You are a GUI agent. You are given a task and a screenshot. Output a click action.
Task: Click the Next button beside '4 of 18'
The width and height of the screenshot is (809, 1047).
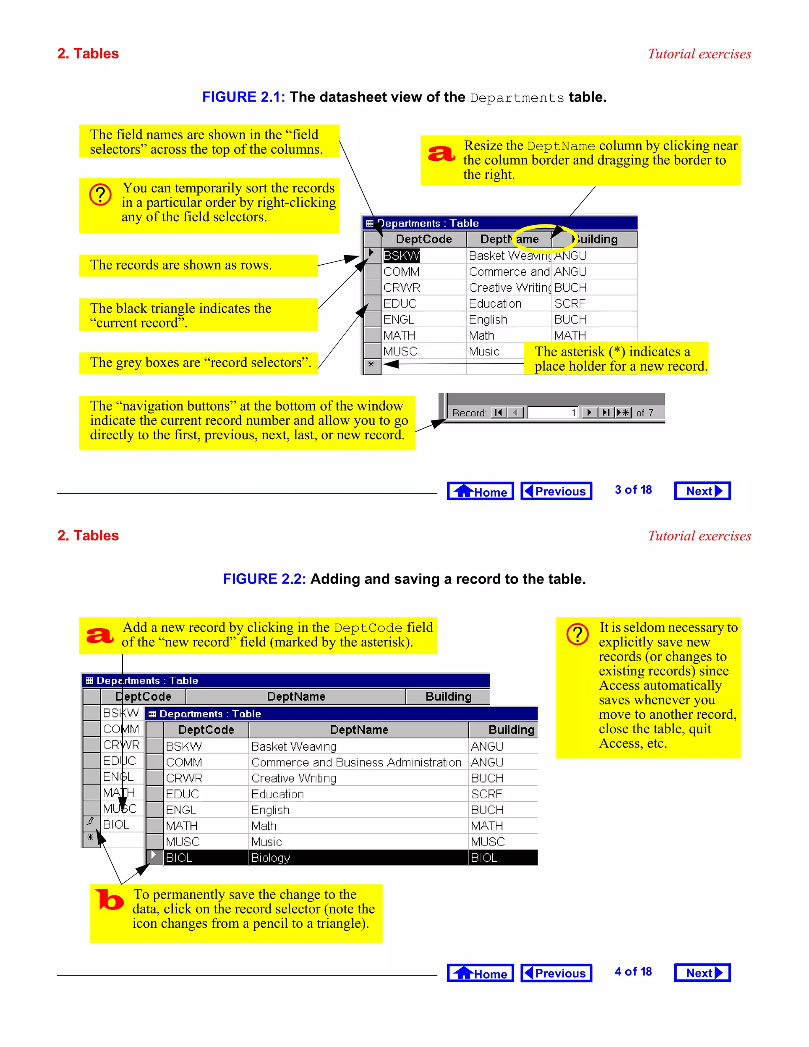point(702,973)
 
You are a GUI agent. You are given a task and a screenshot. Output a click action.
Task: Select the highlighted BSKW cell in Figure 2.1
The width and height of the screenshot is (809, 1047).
point(401,256)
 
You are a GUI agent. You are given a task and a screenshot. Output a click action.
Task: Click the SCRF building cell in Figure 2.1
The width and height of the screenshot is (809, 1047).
point(570,303)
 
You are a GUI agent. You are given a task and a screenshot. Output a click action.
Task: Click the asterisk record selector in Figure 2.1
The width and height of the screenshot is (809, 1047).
point(371,365)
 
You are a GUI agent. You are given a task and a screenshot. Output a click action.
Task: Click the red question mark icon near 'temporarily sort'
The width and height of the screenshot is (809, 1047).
point(101,195)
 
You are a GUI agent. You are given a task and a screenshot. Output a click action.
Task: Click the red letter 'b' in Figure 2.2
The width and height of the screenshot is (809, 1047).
point(110,899)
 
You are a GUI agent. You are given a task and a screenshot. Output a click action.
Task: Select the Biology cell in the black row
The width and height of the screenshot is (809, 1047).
point(271,858)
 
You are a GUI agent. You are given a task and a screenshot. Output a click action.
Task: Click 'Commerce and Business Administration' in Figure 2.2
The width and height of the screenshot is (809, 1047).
point(356,762)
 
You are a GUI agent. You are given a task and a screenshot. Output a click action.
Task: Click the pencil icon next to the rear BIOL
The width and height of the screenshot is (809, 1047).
point(90,822)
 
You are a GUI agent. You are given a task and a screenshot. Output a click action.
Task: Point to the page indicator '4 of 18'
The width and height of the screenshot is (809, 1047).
point(633,972)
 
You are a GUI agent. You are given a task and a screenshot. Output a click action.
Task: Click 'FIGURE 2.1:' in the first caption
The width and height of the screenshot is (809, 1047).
point(243,97)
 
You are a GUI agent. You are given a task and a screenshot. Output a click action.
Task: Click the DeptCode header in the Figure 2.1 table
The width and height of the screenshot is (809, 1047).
point(424,239)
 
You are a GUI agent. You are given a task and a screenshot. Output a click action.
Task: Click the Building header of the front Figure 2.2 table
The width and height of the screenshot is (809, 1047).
point(511,730)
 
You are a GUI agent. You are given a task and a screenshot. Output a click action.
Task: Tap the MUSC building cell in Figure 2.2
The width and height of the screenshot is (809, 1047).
point(487,842)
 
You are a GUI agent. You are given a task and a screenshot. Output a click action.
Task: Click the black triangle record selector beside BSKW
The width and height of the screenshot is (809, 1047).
point(371,254)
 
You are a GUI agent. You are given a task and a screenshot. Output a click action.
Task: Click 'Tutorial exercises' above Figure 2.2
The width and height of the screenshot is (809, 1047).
point(699,536)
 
